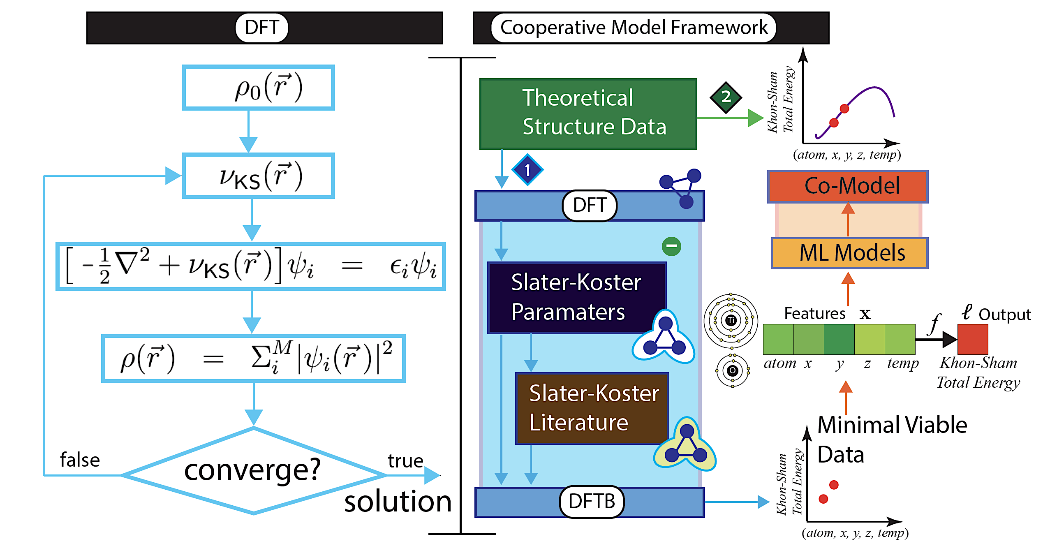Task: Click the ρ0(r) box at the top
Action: [258, 88]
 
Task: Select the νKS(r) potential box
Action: [258, 176]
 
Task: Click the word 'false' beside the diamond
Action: [80, 460]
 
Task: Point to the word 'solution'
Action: [398, 502]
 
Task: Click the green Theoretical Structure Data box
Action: [588, 113]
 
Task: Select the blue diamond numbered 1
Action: [527, 170]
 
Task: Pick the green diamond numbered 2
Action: [726, 97]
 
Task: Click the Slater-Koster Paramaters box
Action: [576, 297]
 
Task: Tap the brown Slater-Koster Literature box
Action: [592, 408]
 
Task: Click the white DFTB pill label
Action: [592, 502]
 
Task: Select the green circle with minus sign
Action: [671, 246]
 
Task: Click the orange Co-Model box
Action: [848, 186]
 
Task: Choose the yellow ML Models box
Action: [849, 253]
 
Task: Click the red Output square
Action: [972, 339]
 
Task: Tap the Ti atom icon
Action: [731, 320]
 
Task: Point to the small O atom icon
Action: [732, 370]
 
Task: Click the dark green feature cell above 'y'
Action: [839, 339]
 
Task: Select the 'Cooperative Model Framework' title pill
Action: [633, 28]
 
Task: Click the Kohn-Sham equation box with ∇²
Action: [251, 266]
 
